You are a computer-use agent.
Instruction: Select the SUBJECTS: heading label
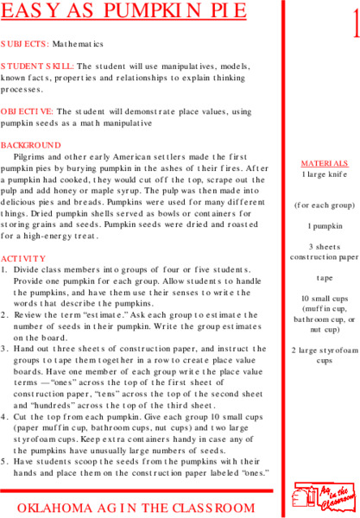point(24,42)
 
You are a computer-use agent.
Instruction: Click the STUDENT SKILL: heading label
point(38,66)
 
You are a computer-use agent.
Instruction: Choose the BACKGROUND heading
point(31,144)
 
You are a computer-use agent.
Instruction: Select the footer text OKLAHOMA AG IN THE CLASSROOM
point(136,508)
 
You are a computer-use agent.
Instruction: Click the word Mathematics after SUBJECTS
point(77,42)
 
